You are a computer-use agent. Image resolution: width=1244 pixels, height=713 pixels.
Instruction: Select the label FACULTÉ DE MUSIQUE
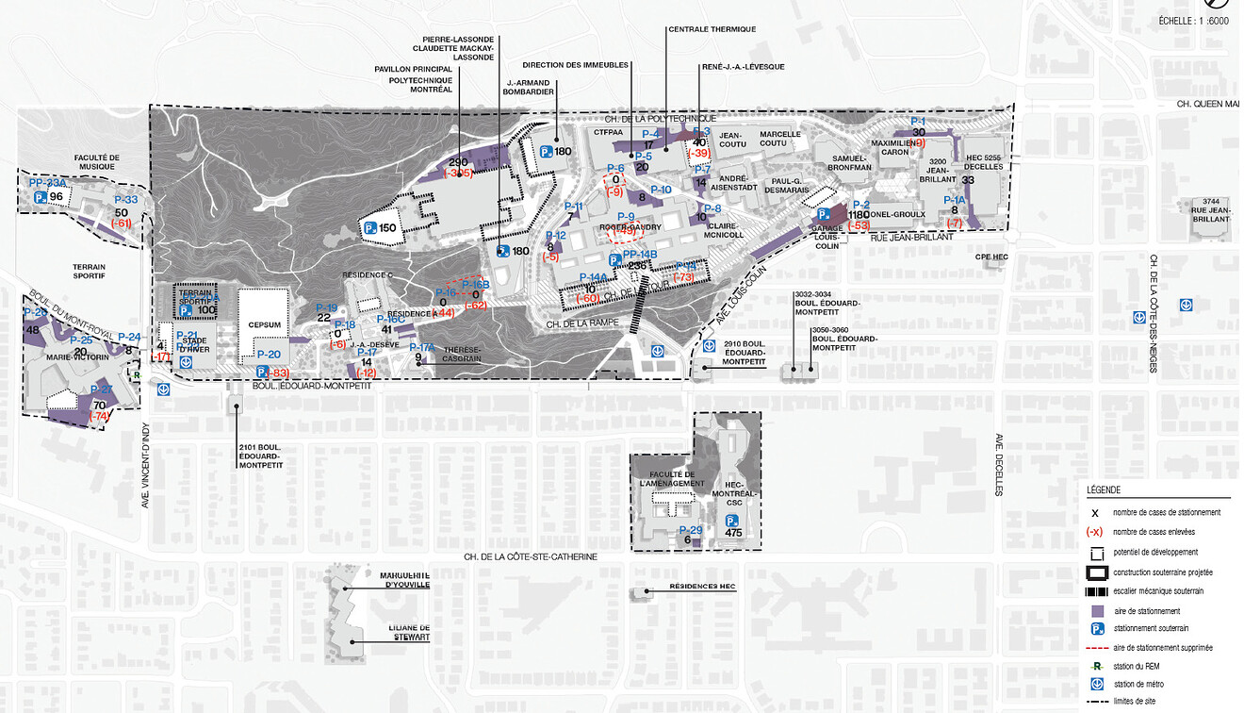coord(98,162)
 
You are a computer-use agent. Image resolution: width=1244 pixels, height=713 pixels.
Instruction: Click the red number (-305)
coord(459,174)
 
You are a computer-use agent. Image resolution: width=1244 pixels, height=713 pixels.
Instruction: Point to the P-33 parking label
coord(125,200)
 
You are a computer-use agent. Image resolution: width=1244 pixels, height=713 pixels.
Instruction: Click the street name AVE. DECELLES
coord(1000,465)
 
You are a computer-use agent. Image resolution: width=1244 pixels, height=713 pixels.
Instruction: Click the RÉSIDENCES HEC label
coord(701,587)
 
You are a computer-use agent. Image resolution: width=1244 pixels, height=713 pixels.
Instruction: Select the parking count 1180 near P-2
coord(859,214)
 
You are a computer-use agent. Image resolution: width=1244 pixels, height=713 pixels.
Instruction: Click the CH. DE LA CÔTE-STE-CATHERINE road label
coord(530,556)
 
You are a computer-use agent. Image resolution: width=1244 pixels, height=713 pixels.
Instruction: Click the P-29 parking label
coord(691,530)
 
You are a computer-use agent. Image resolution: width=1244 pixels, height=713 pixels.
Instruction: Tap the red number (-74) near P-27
coord(99,416)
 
